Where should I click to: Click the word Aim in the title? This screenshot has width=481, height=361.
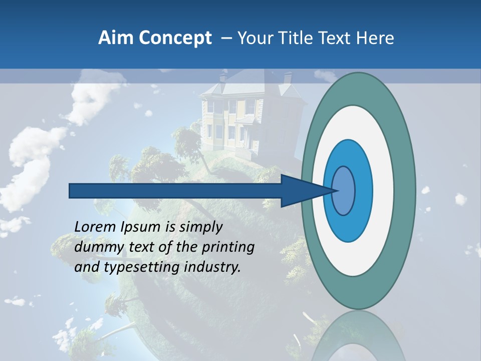[116, 38]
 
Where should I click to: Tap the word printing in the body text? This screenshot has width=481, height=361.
[228, 247]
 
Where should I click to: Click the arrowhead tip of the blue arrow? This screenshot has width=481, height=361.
[335, 191]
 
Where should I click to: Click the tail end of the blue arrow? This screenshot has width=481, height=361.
[72, 191]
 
